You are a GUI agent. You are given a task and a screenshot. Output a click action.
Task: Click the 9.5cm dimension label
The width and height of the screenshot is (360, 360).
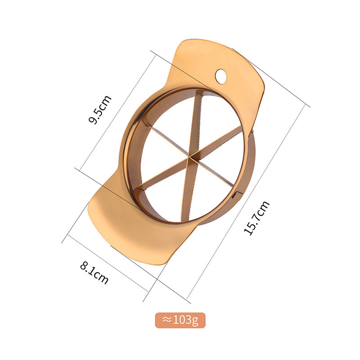coord(100,109)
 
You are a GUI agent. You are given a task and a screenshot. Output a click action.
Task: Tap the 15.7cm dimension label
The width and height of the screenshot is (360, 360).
coord(256,218)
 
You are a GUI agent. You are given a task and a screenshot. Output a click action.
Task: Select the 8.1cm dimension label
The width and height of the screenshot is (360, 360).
coord(94,273)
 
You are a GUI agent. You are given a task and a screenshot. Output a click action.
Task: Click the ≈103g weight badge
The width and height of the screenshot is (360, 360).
coord(180,320)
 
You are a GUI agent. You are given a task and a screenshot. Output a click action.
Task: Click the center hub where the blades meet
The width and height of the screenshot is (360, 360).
coord(189,157)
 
